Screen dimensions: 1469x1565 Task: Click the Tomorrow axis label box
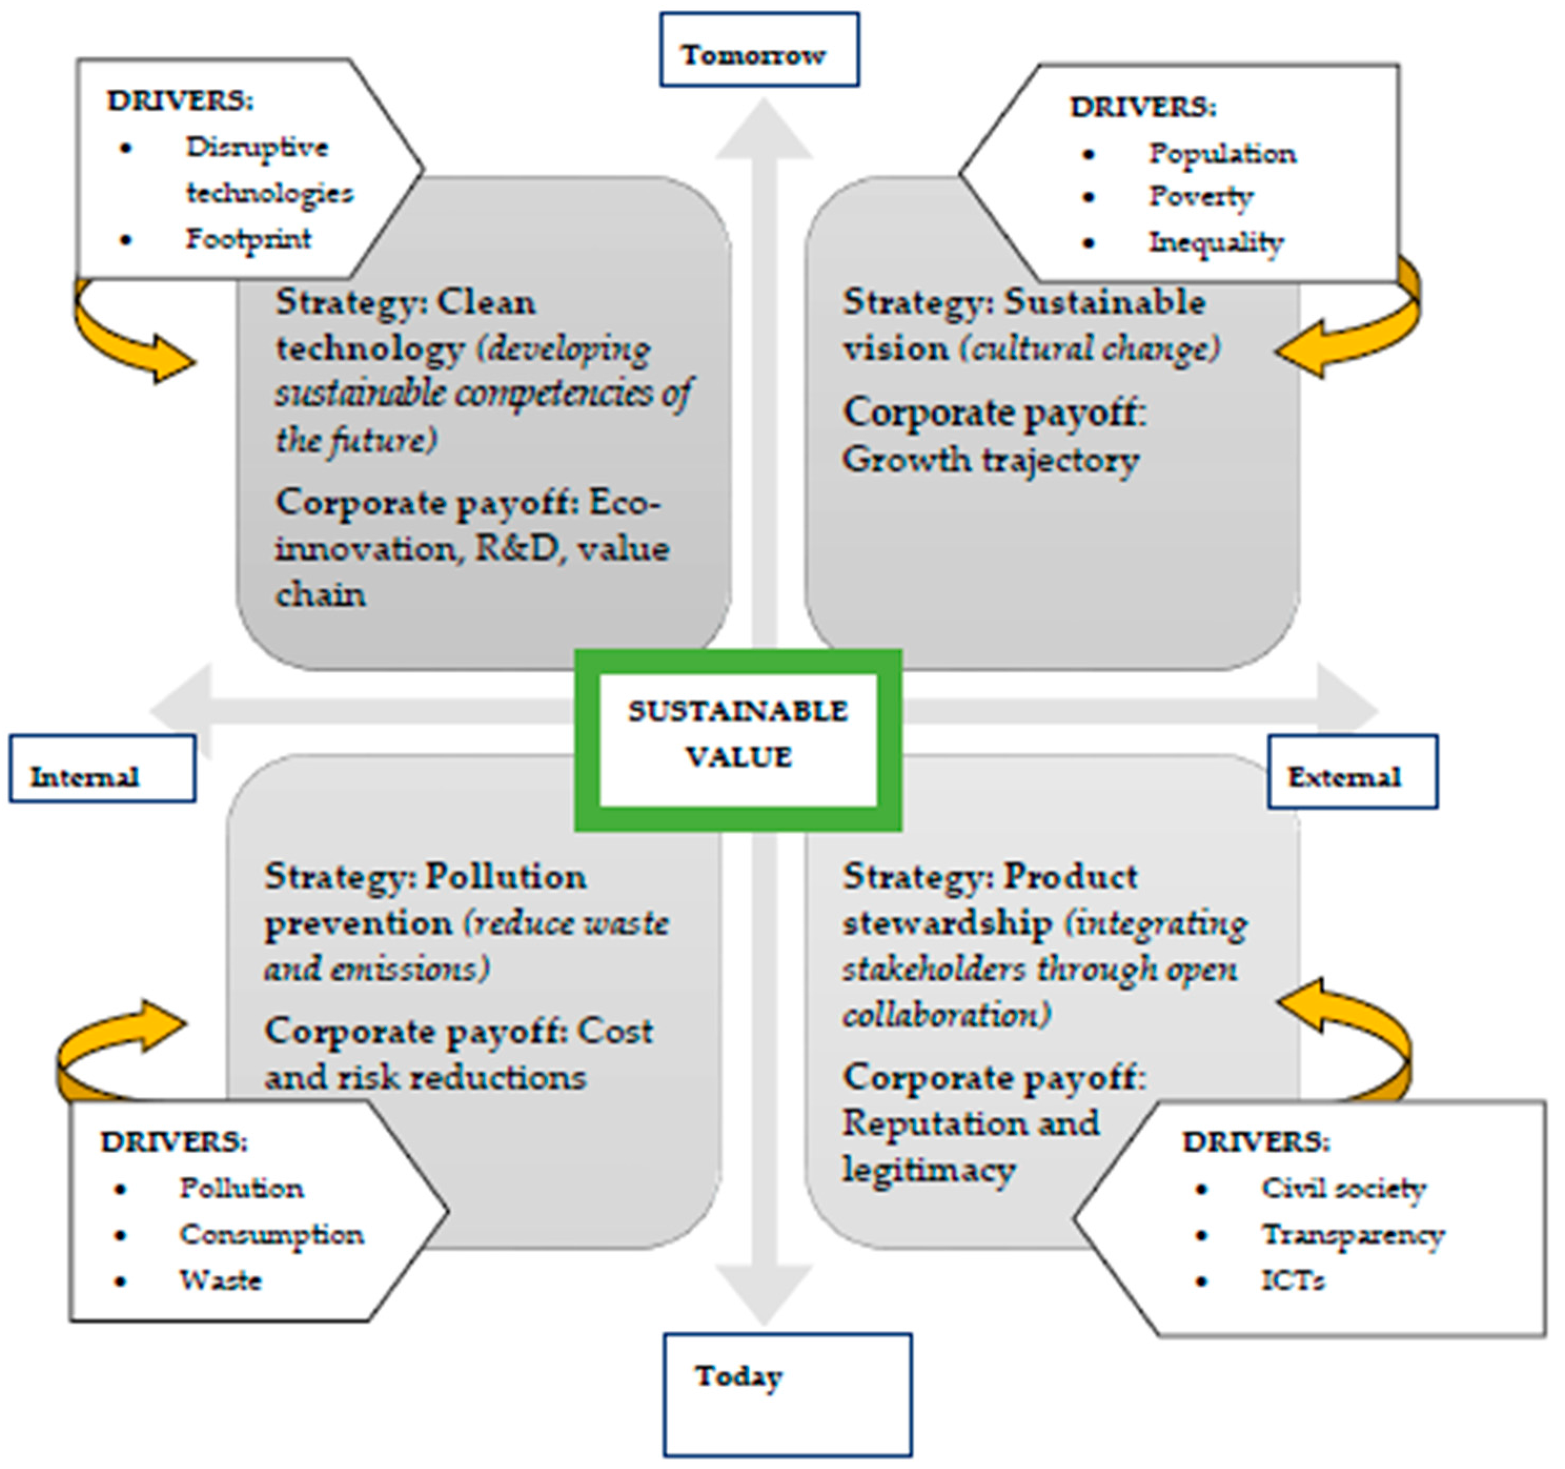tap(759, 49)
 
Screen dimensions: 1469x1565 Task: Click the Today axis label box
tap(787, 1394)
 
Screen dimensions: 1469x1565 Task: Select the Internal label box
tap(103, 769)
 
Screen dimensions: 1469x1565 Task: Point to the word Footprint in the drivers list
tap(248, 239)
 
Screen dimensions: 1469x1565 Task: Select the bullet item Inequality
tap(1215, 242)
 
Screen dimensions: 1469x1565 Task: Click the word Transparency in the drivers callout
tap(1353, 1235)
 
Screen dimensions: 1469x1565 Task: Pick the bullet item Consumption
tap(271, 1234)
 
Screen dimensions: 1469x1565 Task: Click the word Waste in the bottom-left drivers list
tap(220, 1280)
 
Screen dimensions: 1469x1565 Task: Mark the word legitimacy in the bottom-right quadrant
tap(929, 1169)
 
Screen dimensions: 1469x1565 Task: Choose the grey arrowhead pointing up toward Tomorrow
tap(764, 130)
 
